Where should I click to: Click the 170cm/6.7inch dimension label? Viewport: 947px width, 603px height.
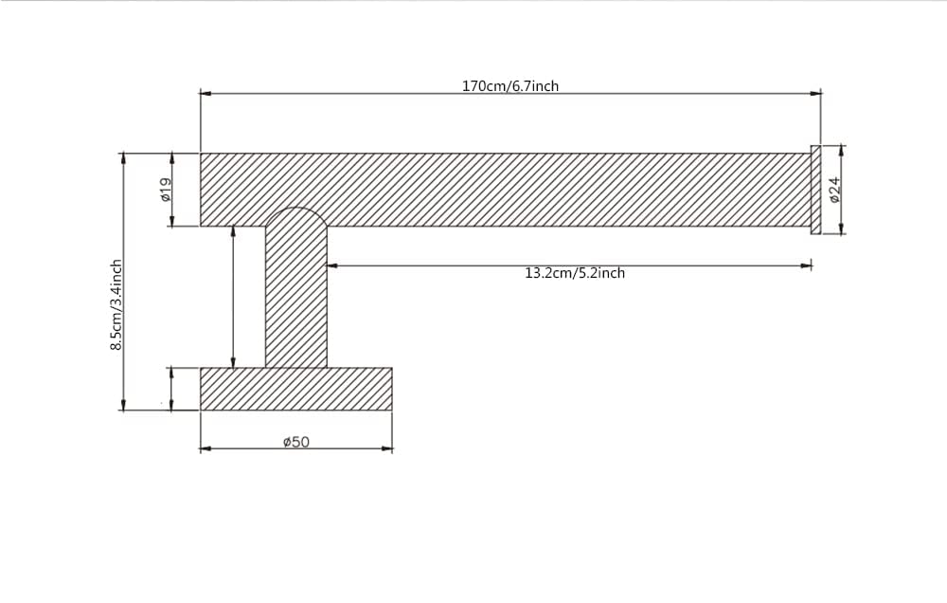pyautogui.click(x=510, y=86)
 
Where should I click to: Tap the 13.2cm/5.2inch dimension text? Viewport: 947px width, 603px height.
pyautogui.click(x=575, y=273)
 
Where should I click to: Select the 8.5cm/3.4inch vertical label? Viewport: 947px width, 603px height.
pyautogui.click(x=116, y=304)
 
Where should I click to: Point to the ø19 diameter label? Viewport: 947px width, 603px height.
pyautogui.click(x=166, y=190)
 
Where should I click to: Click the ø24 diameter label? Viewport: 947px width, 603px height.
pyautogui.click(x=835, y=190)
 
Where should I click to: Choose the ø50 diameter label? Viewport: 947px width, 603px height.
pyautogui.click(x=295, y=442)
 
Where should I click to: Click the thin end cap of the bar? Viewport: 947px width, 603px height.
pyautogui.click(x=816, y=190)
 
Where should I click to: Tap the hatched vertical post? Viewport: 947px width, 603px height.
pyautogui.click(x=295, y=290)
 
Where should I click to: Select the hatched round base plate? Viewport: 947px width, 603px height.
pyautogui.click(x=295, y=389)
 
